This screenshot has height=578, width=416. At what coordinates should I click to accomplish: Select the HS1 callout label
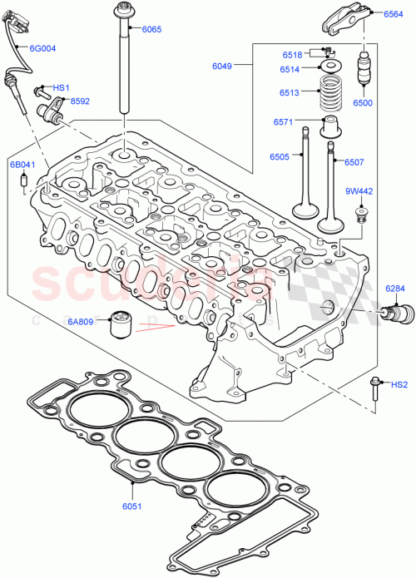click(x=62, y=87)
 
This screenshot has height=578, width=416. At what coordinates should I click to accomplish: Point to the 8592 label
click(x=80, y=101)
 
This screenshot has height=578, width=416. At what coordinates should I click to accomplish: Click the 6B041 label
click(x=23, y=165)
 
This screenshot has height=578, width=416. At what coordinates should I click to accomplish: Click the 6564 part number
click(x=394, y=14)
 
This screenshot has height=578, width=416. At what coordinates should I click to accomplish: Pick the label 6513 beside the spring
click(x=290, y=93)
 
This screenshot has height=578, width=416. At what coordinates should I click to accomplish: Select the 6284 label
click(x=394, y=289)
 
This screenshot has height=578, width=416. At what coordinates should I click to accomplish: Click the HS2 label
click(x=399, y=385)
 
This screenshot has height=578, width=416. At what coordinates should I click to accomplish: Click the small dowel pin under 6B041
click(x=23, y=181)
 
